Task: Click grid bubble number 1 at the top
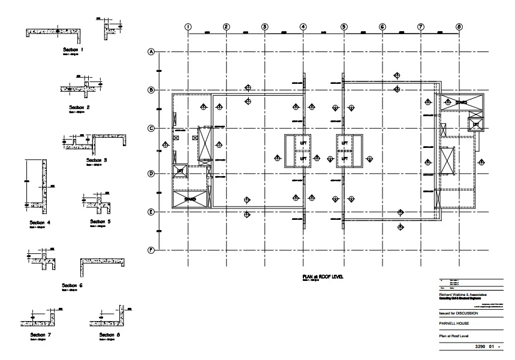click(x=188, y=26)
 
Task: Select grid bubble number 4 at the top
click(x=303, y=26)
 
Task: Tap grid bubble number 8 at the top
click(x=459, y=26)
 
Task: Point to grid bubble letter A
click(x=151, y=52)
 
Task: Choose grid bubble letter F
click(x=151, y=250)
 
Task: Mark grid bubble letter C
click(x=151, y=128)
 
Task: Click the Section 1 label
click(x=75, y=49)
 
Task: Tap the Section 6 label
click(x=73, y=285)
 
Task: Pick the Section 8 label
click(x=109, y=334)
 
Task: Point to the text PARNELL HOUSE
click(x=456, y=323)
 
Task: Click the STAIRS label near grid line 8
click(x=460, y=102)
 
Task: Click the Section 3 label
click(x=96, y=160)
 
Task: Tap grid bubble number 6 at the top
click(x=382, y=26)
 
